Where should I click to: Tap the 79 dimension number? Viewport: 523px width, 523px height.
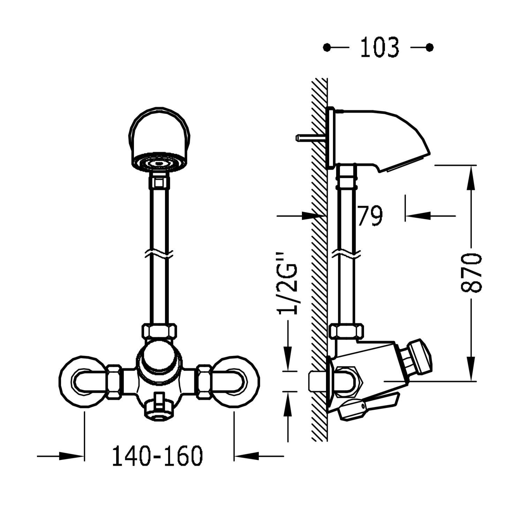click(x=370, y=216)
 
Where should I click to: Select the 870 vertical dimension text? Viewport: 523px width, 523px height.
click(x=471, y=273)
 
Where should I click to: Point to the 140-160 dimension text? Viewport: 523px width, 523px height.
click(x=157, y=456)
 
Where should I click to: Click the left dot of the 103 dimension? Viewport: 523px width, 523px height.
click(x=327, y=47)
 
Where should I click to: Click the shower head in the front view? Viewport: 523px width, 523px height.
click(x=160, y=139)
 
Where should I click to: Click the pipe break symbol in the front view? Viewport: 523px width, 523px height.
click(x=159, y=255)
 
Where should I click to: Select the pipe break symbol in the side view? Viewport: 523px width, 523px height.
click(x=347, y=255)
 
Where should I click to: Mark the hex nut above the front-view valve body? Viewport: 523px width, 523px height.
click(x=159, y=332)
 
